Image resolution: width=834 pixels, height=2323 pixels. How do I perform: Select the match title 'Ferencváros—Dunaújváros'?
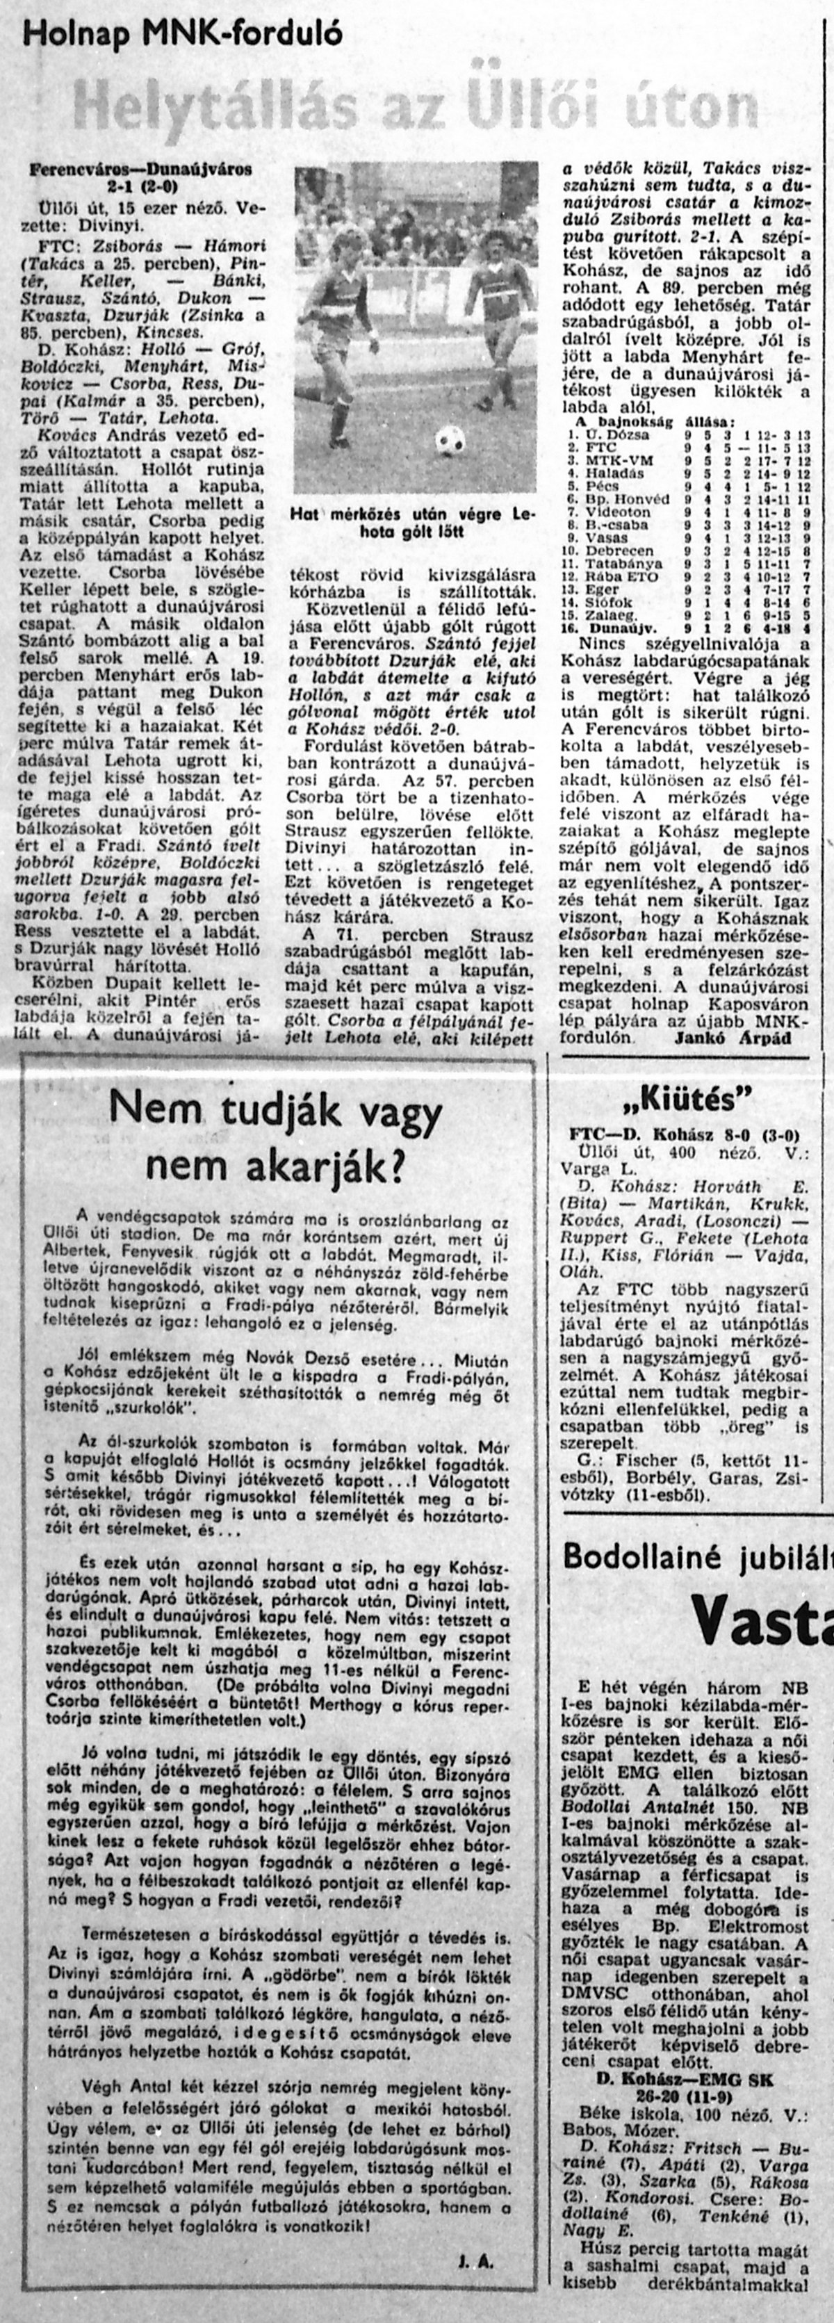140,169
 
